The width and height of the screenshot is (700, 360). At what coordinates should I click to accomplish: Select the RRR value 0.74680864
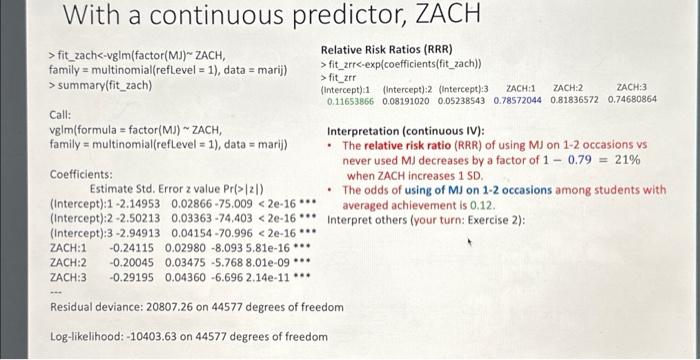pyautogui.click(x=632, y=100)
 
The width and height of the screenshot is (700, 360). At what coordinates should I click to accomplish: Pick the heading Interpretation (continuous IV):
pyautogui.click(x=406, y=130)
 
